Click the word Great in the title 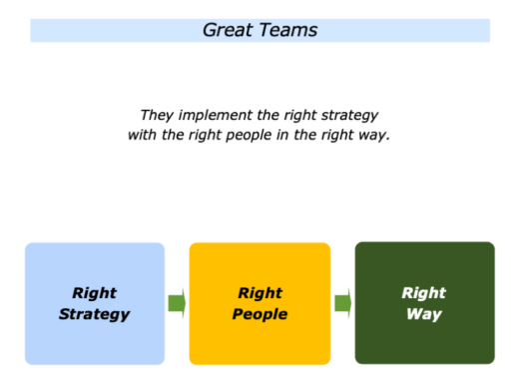click(226, 30)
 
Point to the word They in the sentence click(158, 115)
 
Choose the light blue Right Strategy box click(95, 340)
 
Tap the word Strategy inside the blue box click(95, 314)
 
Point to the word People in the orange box click(259, 314)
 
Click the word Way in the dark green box click(424, 314)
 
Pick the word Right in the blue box click(95, 294)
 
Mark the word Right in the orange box click(259, 294)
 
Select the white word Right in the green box click(424, 294)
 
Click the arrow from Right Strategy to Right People click(177, 303)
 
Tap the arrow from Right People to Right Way click(342, 303)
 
